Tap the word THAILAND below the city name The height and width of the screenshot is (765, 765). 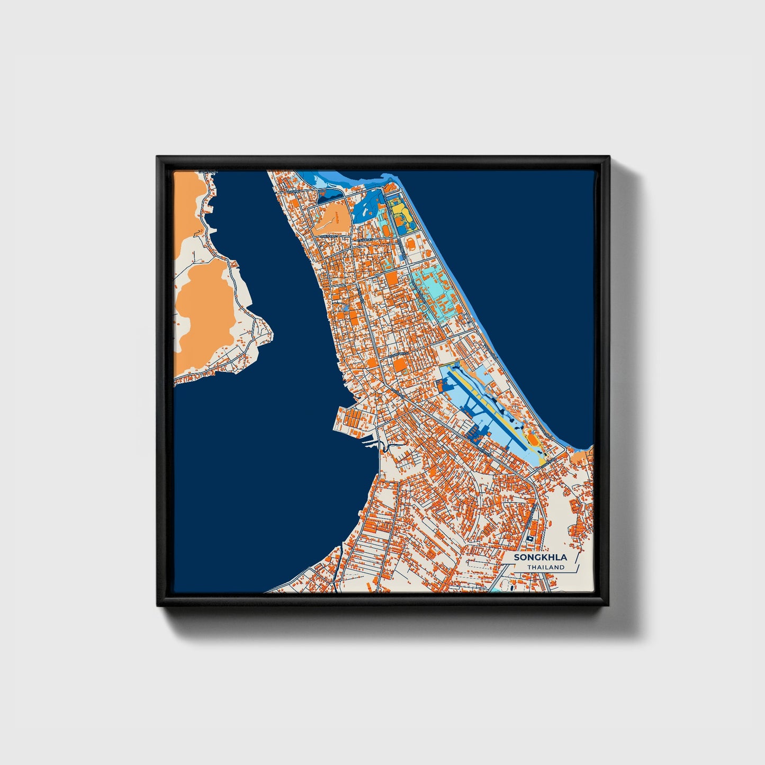click(x=545, y=567)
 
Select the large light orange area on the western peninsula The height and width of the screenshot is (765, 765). click(x=204, y=307)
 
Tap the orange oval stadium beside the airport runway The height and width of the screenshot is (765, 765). click(x=532, y=439)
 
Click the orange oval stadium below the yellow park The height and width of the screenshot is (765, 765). click(x=411, y=244)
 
